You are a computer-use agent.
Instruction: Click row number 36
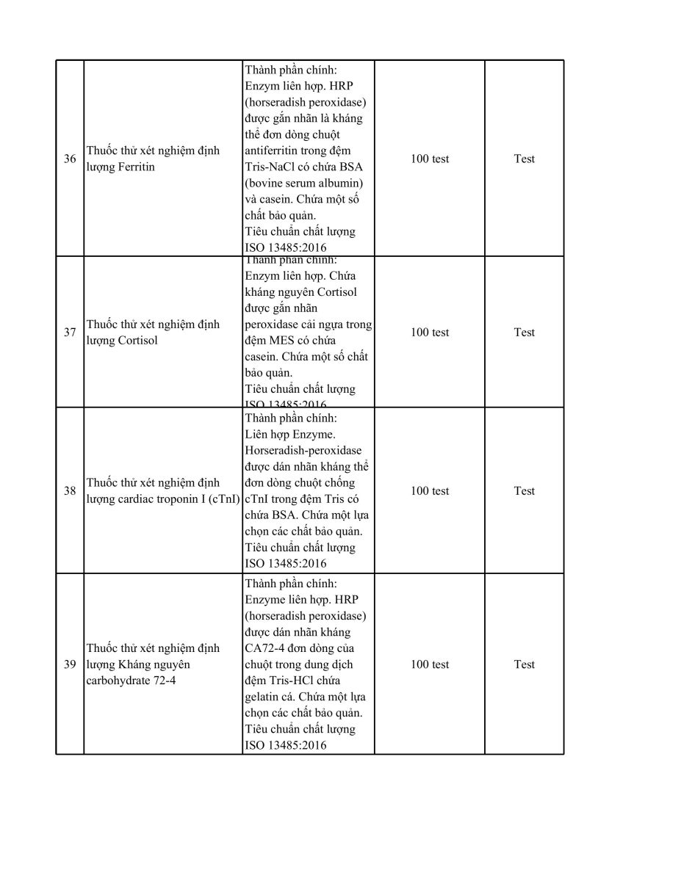pos(70,159)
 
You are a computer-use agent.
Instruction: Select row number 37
pos(70,333)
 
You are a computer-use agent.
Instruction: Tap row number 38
pos(70,491)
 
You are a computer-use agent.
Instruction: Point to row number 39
pos(70,664)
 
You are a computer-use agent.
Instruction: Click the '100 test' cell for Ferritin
pos(430,159)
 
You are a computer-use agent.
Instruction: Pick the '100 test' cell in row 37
pos(430,333)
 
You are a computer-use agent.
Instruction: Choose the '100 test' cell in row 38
pos(430,491)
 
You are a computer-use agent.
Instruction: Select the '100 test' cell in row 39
pos(430,664)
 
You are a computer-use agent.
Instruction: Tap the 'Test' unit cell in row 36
pos(524,159)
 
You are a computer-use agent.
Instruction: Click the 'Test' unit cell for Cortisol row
pos(524,333)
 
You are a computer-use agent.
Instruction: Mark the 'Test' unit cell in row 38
pos(524,491)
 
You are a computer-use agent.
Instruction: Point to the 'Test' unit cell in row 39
pos(524,664)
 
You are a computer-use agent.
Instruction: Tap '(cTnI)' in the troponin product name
pos(223,499)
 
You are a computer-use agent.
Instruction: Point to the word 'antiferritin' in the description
pos(275,151)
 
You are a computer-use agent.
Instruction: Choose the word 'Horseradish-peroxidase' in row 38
pos(303,451)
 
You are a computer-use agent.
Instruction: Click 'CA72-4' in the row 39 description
pos(262,648)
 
